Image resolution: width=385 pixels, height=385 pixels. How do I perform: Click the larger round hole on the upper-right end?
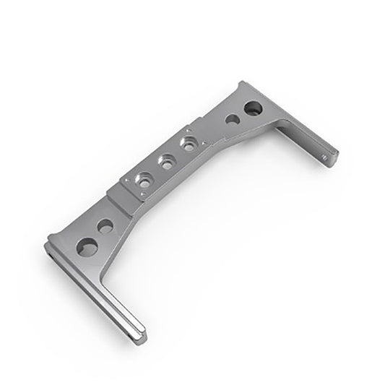click(253, 109)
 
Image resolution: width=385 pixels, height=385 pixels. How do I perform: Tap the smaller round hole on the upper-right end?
click(233, 119)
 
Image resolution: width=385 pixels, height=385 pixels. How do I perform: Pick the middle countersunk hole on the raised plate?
click(168, 163)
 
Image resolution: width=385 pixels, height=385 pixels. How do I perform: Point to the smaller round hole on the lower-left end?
click(105, 226)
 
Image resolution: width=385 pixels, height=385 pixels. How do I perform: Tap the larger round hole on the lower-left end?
click(87, 247)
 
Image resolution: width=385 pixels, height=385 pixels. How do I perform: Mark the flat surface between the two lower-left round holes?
click(96, 236)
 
